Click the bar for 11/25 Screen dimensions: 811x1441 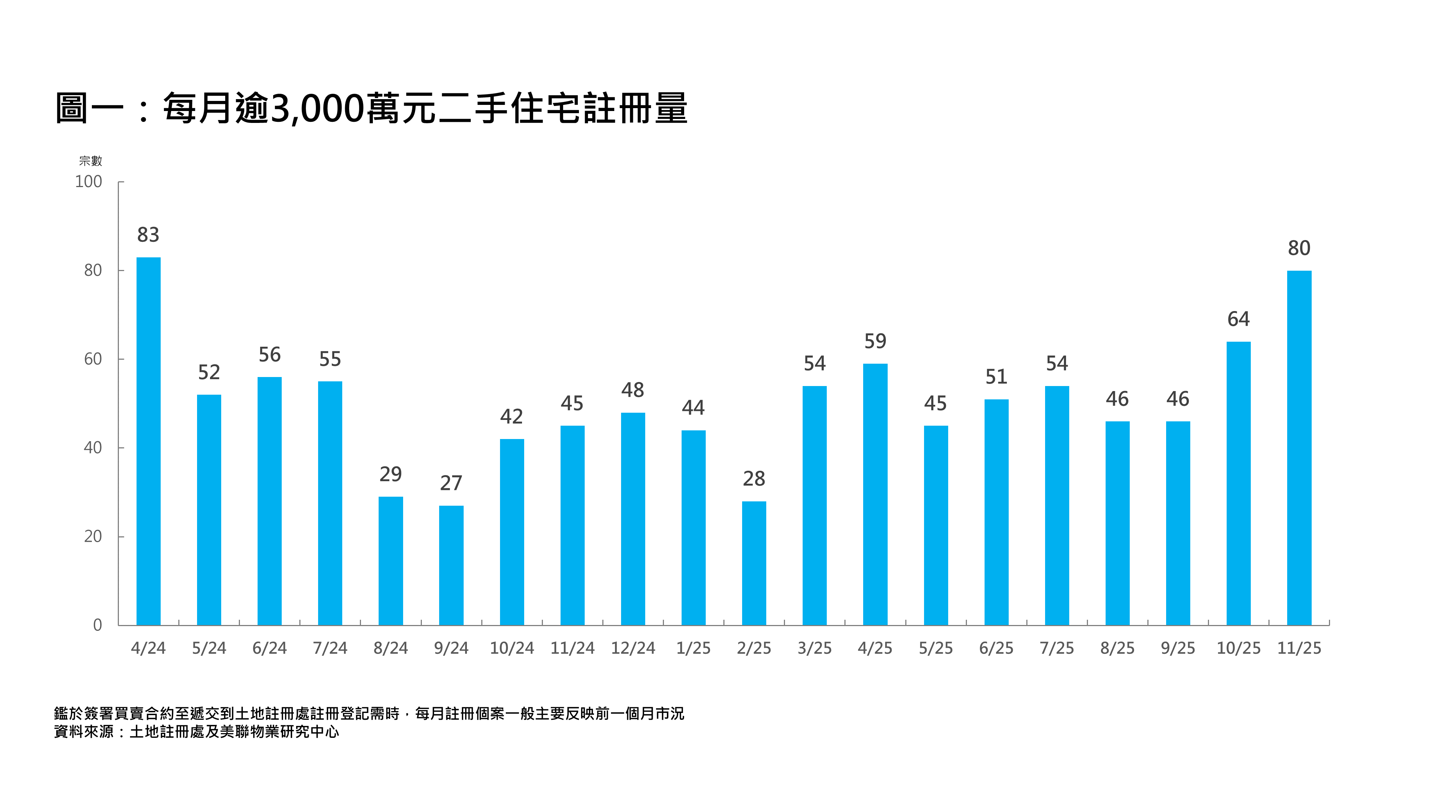click(x=1299, y=448)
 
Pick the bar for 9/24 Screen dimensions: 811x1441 click(x=451, y=565)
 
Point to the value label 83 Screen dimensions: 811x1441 click(x=148, y=235)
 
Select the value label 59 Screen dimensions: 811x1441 click(x=875, y=341)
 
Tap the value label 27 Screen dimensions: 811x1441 click(x=451, y=483)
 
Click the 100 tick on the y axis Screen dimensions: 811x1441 click(x=88, y=182)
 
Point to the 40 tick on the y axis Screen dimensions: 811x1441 click(x=93, y=448)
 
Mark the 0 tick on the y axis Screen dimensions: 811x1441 click(x=97, y=625)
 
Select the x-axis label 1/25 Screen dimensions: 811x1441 click(x=693, y=648)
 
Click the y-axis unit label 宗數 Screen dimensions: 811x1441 click(x=91, y=161)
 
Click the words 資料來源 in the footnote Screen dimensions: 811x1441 click(x=84, y=732)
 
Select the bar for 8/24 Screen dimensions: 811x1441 click(x=391, y=561)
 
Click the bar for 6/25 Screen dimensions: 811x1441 click(x=996, y=512)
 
